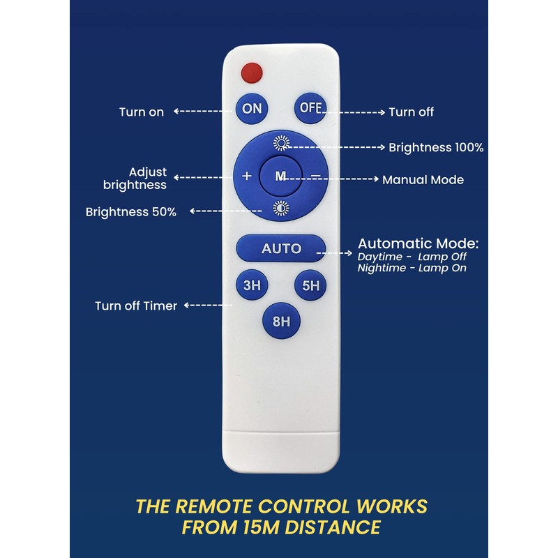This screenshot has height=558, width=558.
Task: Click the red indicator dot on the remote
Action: [250, 71]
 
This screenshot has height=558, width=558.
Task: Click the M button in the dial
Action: [280, 176]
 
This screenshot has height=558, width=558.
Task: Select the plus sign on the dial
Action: [246, 176]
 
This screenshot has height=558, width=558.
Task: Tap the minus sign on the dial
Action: [315, 175]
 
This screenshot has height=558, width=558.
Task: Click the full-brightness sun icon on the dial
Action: [281, 144]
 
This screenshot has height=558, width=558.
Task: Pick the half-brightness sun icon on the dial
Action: [280, 207]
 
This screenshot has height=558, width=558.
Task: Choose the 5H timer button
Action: [310, 285]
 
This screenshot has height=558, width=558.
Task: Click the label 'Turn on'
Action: [142, 112]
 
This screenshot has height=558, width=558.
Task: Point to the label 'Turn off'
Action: [412, 112]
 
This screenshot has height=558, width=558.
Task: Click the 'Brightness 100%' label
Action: [436, 148]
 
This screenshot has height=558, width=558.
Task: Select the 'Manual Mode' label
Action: [423, 180]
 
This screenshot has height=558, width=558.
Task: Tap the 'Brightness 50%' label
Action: [131, 211]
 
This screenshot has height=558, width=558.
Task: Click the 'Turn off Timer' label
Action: [136, 306]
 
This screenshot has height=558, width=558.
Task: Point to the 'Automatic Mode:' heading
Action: [418, 244]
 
